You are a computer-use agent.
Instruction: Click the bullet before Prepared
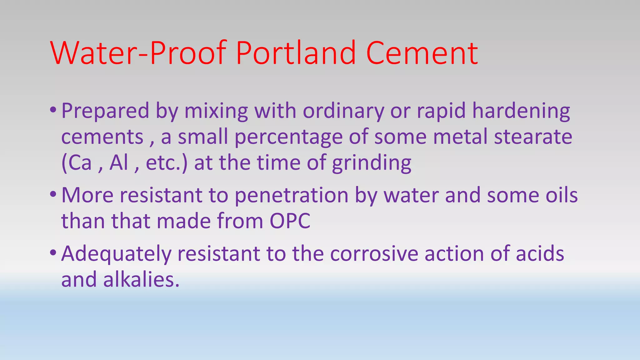(53, 110)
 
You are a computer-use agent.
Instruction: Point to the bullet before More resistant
(53, 194)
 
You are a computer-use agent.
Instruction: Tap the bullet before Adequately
(53, 252)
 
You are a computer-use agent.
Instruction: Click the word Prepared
(105, 111)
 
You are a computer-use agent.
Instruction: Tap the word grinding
(372, 163)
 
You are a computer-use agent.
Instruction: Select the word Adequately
(116, 254)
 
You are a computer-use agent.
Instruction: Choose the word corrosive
(374, 254)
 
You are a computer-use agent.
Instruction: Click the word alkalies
(141, 279)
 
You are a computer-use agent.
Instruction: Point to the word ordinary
(343, 111)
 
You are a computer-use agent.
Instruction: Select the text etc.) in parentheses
(167, 163)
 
